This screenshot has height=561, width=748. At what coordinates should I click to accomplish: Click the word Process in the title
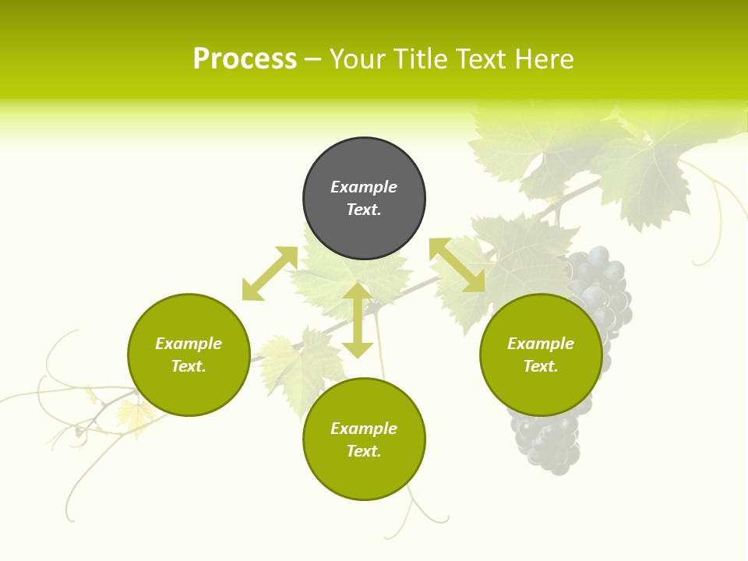coord(245,59)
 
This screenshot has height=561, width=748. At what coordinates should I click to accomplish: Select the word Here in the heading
coord(545,59)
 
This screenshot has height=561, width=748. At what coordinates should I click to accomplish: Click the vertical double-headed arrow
coord(358,320)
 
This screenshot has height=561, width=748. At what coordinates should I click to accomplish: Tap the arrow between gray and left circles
coord(270,273)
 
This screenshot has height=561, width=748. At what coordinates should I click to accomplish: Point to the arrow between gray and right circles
coord(457,265)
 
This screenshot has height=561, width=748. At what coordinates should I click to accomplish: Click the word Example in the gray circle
coord(364,187)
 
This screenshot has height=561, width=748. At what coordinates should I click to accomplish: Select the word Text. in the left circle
coord(189,366)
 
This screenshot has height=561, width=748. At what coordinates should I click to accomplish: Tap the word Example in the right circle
coord(541,344)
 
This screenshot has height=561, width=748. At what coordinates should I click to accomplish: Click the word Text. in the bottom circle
coord(364,451)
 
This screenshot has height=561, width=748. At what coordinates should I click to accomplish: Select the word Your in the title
coord(358,59)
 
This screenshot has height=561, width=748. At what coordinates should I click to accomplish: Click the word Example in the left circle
coord(189,344)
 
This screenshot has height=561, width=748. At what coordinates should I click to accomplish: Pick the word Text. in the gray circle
coord(364,210)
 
